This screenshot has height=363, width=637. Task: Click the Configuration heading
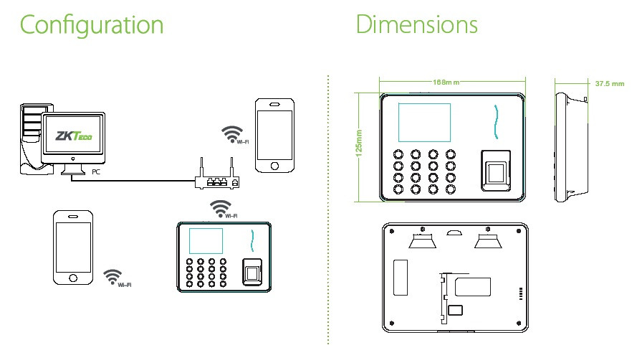click(x=92, y=24)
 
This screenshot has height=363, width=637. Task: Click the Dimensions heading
click(x=417, y=24)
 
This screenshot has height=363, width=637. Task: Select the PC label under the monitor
click(x=96, y=172)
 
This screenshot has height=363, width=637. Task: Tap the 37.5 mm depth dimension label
click(x=610, y=84)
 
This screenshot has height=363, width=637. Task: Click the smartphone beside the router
click(x=274, y=136)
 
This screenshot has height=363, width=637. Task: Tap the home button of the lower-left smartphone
click(x=73, y=278)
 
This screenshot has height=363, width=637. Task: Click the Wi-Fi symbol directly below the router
click(x=221, y=209)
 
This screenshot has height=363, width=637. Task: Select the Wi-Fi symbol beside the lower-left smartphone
click(x=112, y=276)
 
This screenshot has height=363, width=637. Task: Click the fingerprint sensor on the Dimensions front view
click(x=495, y=173)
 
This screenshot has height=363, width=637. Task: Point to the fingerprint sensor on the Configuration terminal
click(x=252, y=271)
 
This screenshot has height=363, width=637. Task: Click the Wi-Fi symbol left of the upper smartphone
click(x=231, y=133)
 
